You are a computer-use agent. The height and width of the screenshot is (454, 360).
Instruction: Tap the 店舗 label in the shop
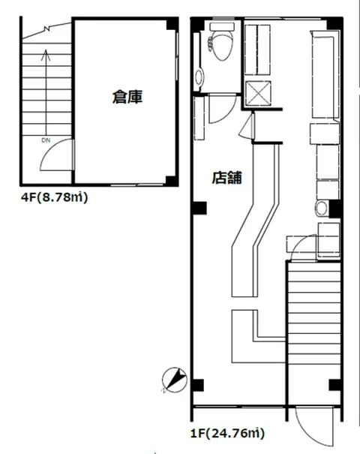225,178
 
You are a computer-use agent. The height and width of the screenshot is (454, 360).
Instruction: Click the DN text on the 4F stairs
45,140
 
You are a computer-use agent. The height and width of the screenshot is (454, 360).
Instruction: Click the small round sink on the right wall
322,208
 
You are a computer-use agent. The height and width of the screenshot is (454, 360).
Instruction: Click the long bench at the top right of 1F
323,75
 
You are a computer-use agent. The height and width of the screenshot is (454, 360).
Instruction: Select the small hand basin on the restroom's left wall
199,76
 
